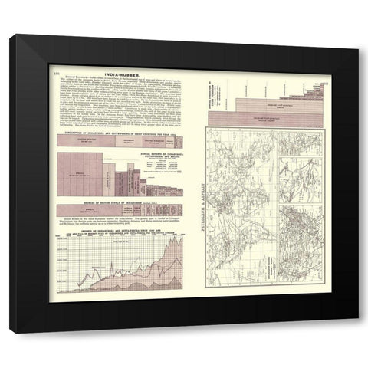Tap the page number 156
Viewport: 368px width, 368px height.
58,74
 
